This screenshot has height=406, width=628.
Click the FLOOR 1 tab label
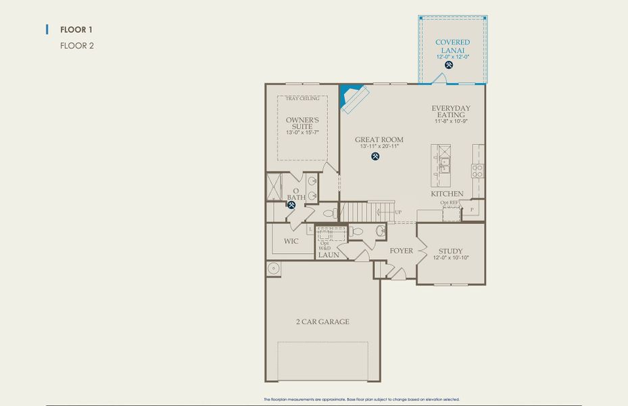[x=76, y=30]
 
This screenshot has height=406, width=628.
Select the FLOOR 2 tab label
[x=76, y=46]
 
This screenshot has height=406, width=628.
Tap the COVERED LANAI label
[x=452, y=46]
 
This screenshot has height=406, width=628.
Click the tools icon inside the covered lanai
[x=449, y=65]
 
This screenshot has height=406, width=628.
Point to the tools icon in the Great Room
[x=376, y=156]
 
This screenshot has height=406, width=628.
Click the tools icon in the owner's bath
[x=291, y=204]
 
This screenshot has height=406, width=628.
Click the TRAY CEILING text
[x=302, y=99]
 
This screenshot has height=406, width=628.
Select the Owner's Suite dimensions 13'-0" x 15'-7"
[x=302, y=133]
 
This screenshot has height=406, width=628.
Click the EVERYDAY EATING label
[x=451, y=112]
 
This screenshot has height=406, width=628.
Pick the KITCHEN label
[x=448, y=194]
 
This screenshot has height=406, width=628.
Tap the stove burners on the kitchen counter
[x=477, y=171]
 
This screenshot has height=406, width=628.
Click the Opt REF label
[x=449, y=202]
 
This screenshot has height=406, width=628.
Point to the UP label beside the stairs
[x=397, y=212]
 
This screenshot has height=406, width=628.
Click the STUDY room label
[x=450, y=250]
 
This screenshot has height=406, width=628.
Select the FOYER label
[x=401, y=251]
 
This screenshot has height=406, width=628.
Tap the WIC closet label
[x=291, y=241]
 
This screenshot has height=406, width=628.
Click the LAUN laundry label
[x=329, y=255]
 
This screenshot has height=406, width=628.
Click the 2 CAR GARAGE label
[x=322, y=321]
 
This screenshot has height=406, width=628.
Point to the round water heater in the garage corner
[x=274, y=269]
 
